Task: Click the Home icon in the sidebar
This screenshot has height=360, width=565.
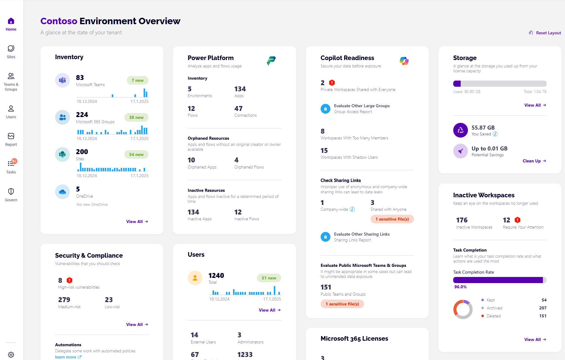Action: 11,21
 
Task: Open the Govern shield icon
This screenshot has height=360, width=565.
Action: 11,192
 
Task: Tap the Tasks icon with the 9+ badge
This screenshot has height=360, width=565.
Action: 11,164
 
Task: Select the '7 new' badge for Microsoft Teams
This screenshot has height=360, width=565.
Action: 137,80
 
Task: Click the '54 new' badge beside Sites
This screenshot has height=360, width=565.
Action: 136,154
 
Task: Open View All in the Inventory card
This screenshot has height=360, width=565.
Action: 137,222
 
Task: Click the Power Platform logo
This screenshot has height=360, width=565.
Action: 271,61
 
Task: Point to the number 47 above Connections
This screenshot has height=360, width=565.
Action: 239,108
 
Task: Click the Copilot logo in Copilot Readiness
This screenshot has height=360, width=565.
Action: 404,61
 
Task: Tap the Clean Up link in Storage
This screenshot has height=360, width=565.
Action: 534,161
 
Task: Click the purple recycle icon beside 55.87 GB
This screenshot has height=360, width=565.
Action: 460,130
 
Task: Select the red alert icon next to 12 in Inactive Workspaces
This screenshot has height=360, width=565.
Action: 518,220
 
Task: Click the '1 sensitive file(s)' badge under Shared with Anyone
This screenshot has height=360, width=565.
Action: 392,219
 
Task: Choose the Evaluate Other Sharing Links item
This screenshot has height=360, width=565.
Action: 362,234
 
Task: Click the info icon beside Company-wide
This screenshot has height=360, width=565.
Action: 352,209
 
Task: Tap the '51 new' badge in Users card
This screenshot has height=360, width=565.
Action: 269,278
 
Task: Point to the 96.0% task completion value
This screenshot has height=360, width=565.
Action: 460,287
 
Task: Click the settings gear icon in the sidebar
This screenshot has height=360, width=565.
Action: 11,355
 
